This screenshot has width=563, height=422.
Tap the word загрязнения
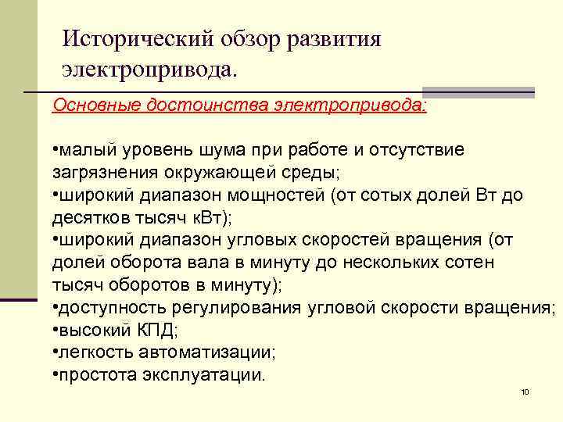click(x=98, y=171)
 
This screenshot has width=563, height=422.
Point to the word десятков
click(x=85, y=216)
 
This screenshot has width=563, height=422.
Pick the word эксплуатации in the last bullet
click(x=204, y=374)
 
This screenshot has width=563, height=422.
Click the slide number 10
click(x=525, y=391)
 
